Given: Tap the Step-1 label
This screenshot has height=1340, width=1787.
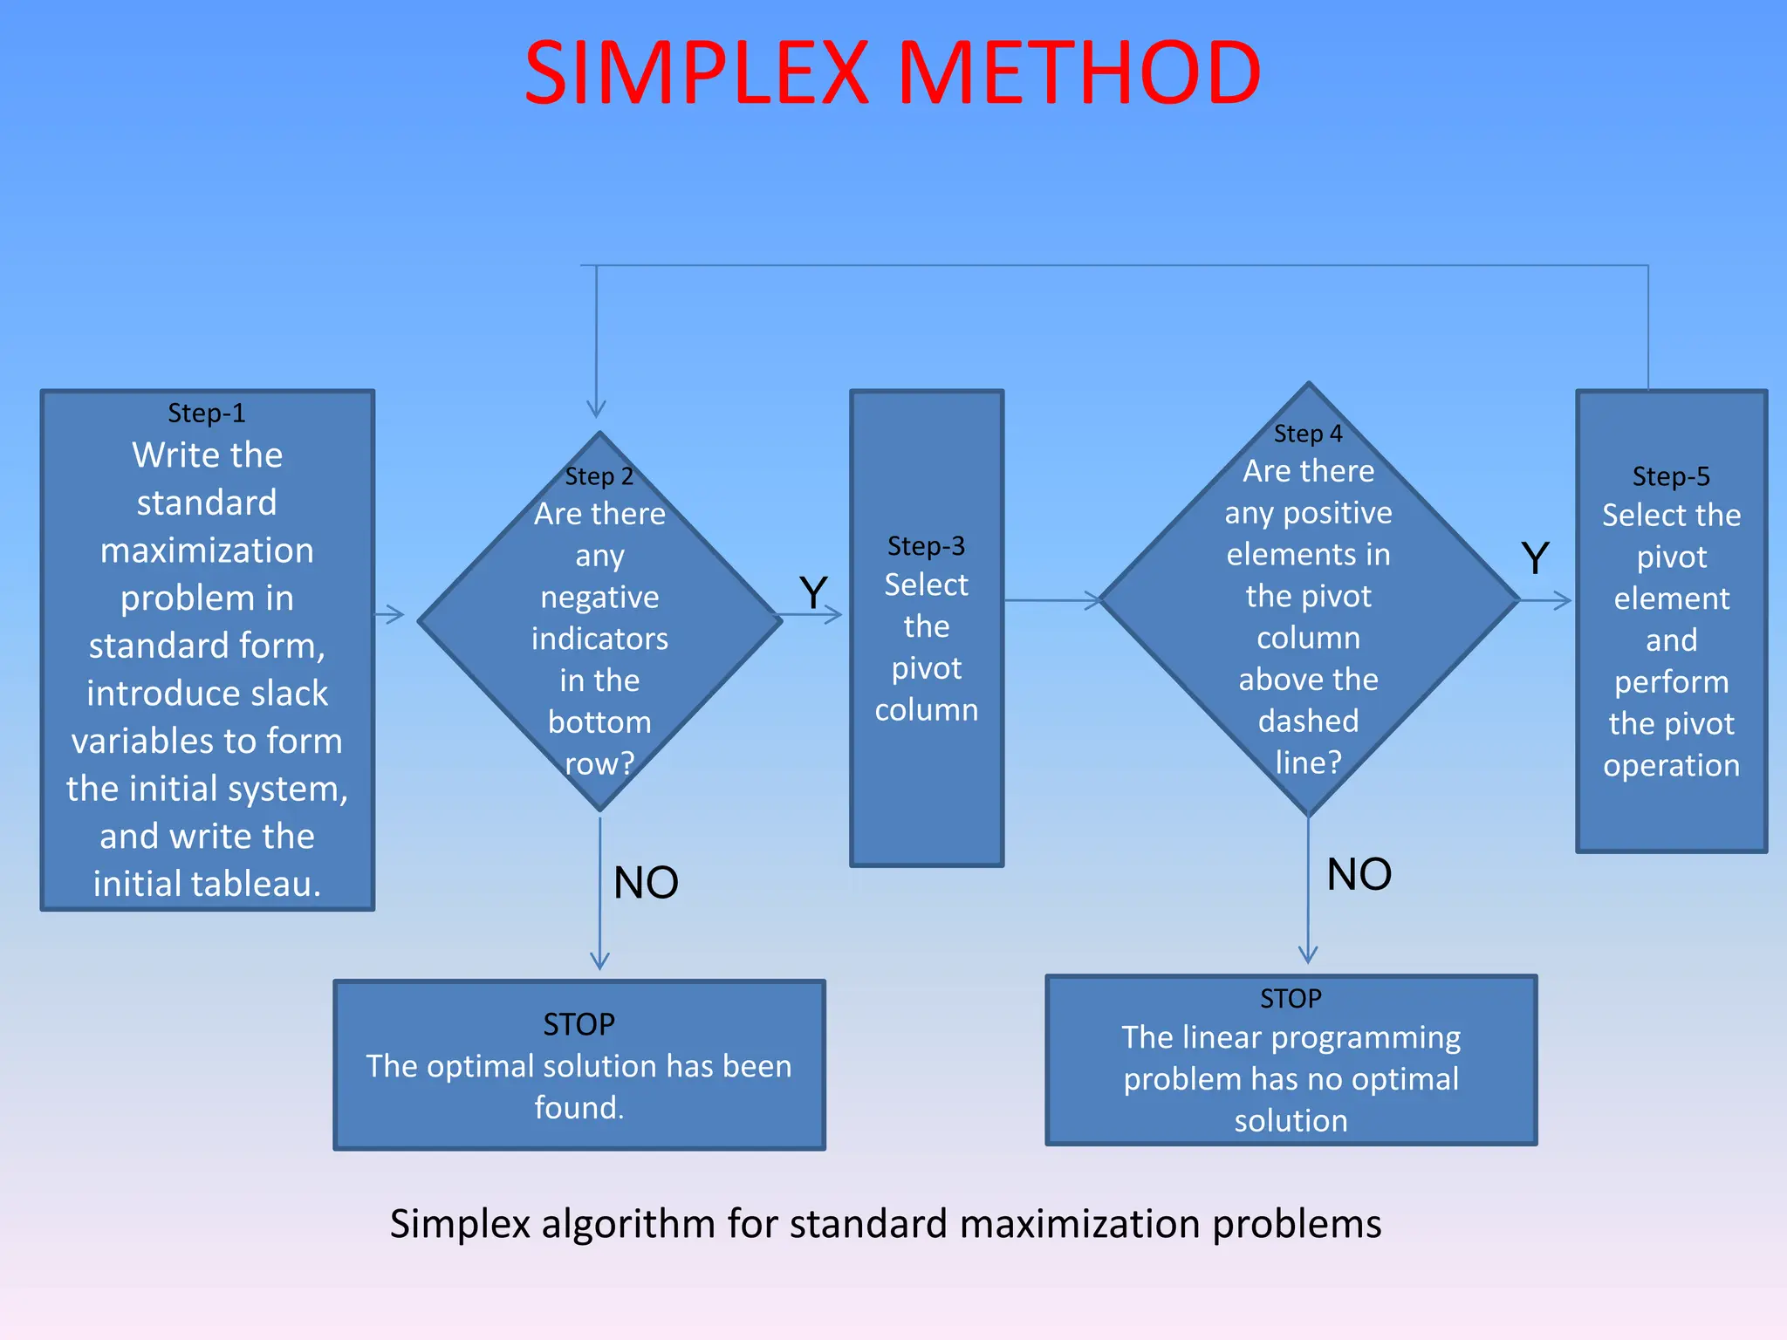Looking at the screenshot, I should coord(207,413).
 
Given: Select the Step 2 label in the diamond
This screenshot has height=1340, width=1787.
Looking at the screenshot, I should coord(599,476).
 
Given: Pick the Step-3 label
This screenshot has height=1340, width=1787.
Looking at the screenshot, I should coord(926,546).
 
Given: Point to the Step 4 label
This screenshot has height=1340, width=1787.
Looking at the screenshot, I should coord(1308,434).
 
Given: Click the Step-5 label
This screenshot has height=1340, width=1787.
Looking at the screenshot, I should coord(1671,476).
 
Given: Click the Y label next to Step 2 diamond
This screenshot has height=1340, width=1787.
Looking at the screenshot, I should coord(813,593).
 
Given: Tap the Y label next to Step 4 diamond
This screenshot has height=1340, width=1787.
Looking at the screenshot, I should coord(1535,557).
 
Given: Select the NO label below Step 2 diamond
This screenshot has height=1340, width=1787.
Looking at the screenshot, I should coord(646,883).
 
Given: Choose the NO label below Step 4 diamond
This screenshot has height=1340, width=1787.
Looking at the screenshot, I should coord(1359,874).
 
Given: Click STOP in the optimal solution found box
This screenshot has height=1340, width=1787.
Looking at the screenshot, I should coord(579,1024).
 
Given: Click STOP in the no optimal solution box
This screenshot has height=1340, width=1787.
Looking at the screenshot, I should coord(1291,998).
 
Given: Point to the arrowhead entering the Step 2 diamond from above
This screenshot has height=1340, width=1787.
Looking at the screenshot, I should coord(596,408).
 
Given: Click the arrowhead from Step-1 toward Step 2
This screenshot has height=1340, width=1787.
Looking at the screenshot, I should coord(396,615).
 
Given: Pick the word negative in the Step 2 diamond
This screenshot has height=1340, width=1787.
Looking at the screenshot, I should coord(599,598).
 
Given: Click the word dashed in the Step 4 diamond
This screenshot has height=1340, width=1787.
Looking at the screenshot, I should coord(1308,721).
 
